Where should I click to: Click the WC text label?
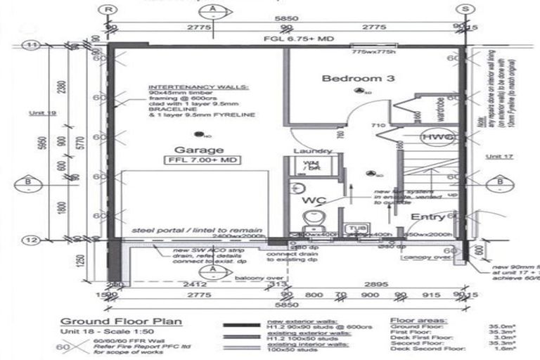click(x=311, y=201)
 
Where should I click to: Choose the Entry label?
click(x=427, y=217)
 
